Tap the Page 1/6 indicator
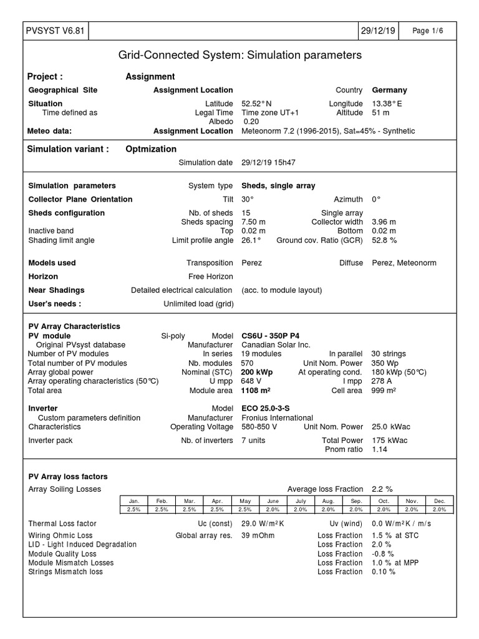(430, 31)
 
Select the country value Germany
(389, 90)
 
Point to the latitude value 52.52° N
(256, 104)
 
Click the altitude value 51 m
(380, 112)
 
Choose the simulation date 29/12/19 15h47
(268, 162)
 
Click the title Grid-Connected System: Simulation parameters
(239, 56)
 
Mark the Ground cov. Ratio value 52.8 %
(384, 240)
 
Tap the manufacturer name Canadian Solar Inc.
(276, 344)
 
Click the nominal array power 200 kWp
(257, 372)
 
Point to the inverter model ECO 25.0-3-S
(266, 409)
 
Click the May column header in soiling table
(245, 500)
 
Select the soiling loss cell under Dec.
(440, 509)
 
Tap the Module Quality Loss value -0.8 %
(384, 554)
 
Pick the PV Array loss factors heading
(68, 476)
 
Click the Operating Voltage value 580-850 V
(259, 427)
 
